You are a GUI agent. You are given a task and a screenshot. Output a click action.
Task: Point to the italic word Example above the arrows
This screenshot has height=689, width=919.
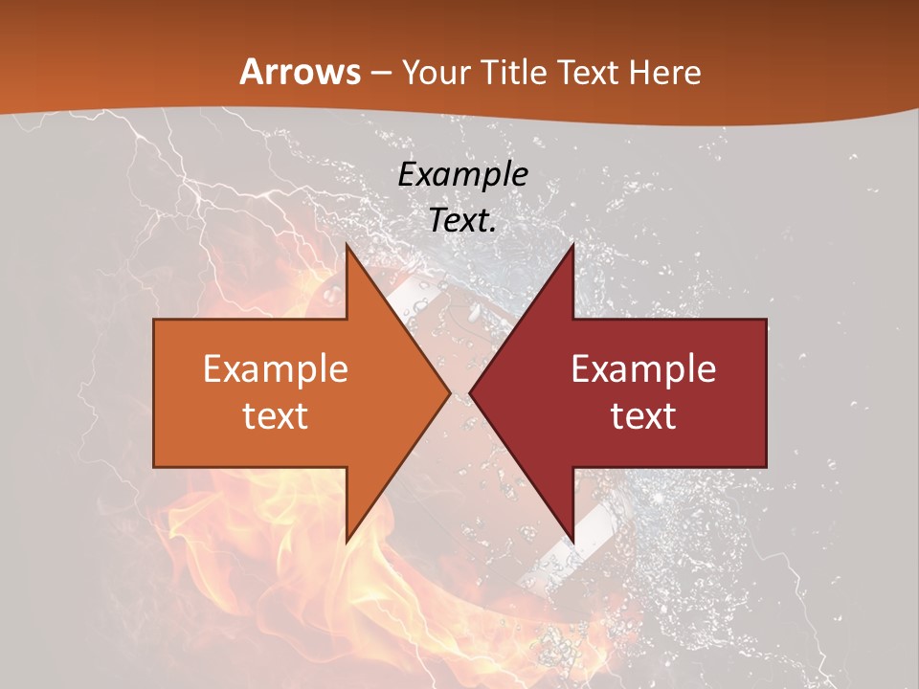[x=463, y=174]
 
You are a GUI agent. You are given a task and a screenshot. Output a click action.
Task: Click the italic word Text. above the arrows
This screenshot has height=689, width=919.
[x=463, y=220]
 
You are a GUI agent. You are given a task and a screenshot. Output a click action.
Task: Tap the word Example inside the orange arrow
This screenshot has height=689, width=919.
[x=276, y=369]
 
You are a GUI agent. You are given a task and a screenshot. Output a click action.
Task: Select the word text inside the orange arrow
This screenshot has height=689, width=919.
[x=276, y=415]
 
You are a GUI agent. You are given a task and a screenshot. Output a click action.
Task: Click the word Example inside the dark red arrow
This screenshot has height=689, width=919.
[x=643, y=369]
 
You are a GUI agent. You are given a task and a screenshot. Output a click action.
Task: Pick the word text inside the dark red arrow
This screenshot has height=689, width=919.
[x=643, y=415]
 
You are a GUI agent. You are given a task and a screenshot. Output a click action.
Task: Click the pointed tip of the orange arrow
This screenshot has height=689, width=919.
[x=449, y=392]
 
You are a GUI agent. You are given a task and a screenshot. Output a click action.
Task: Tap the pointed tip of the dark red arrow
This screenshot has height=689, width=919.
[x=471, y=392]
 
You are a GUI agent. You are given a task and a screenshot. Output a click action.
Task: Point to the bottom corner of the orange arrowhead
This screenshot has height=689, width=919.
[x=347, y=541]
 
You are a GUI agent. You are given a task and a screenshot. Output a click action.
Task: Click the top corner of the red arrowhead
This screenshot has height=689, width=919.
[x=572, y=245]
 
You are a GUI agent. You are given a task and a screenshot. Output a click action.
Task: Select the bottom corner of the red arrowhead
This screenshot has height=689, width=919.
[x=572, y=541]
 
